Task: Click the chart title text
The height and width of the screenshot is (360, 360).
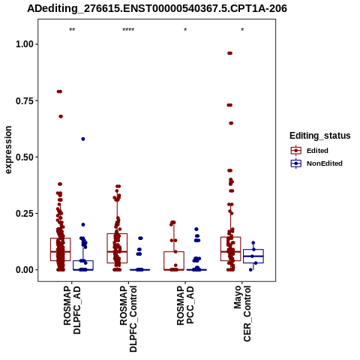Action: (x=157, y=9)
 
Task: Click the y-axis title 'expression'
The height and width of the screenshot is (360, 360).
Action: (x=8, y=150)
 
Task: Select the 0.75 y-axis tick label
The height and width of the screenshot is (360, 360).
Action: (x=25, y=100)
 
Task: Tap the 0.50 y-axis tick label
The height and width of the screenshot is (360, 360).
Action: (x=25, y=157)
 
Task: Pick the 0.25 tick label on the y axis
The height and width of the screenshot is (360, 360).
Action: (x=25, y=214)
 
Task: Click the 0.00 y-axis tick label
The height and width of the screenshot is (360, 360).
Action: (x=25, y=270)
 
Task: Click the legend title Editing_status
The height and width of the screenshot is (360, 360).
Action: (x=320, y=136)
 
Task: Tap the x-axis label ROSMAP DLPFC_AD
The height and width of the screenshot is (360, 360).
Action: (x=72, y=310)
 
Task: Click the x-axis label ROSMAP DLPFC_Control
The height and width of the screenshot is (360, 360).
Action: (x=128, y=319)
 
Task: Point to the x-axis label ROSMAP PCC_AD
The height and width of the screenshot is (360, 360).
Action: (x=185, y=305)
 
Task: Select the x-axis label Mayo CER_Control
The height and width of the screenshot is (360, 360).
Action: (x=242, y=313)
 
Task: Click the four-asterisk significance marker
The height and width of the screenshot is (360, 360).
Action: (x=128, y=30)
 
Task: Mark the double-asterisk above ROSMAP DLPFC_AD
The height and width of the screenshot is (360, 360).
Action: (x=72, y=30)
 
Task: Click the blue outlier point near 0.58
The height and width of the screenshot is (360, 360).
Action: (x=83, y=139)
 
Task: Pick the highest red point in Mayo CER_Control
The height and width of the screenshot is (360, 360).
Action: (x=229, y=53)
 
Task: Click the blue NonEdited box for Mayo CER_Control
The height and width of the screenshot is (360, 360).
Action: (x=253, y=256)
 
